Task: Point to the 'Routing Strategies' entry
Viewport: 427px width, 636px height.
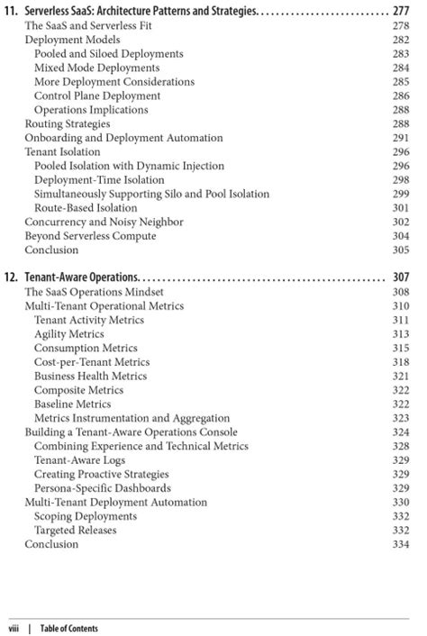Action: [68, 123]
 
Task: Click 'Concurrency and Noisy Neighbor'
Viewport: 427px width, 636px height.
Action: [104, 222]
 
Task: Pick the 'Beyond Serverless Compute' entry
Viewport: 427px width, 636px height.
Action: [90, 236]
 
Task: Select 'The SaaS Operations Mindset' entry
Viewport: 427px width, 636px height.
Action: [95, 292]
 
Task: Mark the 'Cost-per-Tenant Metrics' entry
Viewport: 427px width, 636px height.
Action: [92, 361]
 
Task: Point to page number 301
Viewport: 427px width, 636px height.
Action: [401, 207]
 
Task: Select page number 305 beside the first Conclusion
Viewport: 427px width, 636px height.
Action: [401, 250]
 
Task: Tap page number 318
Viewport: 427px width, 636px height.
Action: [401, 361]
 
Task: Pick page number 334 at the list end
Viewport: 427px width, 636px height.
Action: [401, 544]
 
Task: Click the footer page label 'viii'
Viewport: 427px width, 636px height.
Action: [15, 628]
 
